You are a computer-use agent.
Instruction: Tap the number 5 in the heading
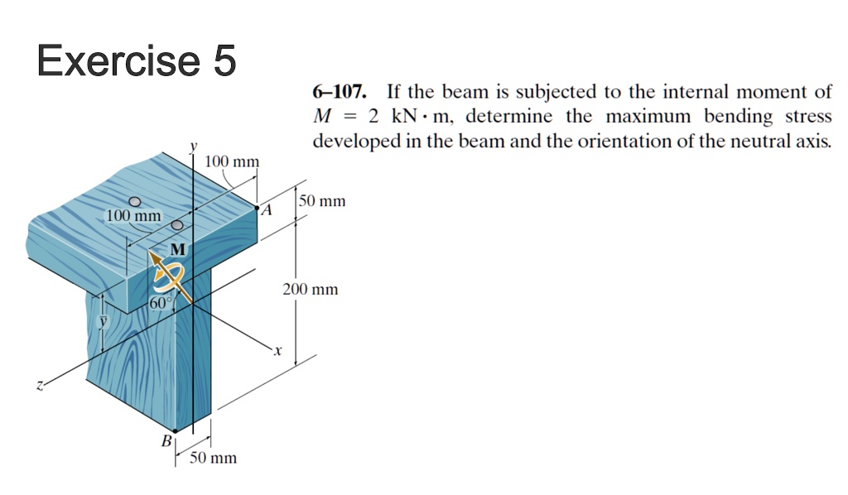(x=224, y=62)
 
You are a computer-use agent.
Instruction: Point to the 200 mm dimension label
(x=311, y=290)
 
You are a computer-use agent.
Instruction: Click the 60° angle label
(x=161, y=303)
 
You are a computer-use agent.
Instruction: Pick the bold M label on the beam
(x=177, y=249)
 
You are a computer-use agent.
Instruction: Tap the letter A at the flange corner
(x=265, y=212)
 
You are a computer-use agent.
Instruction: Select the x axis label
(x=278, y=352)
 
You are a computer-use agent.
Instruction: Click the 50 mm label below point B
(x=213, y=458)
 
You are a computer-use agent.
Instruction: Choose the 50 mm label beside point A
(x=323, y=201)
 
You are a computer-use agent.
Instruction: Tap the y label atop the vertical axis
(x=195, y=147)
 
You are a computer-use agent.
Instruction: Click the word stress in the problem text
(x=810, y=116)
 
